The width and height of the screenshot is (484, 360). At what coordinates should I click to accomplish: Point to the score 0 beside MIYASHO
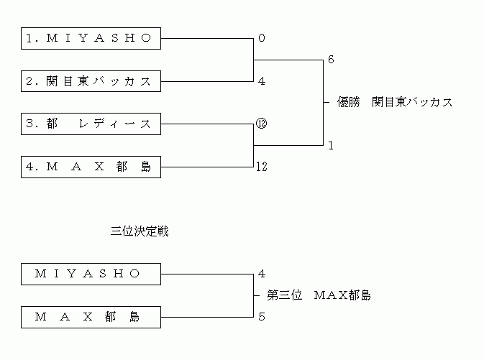tap(262, 38)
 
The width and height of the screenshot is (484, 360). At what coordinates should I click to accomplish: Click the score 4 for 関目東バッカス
tap(262, 81)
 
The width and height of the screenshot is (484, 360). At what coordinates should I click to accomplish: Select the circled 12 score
tap(262, 124)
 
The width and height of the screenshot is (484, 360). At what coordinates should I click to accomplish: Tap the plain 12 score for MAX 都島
tap(262, 167)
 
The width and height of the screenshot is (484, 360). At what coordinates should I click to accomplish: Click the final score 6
tap(331, 60)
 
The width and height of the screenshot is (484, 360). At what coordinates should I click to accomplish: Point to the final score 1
tap(331, 145)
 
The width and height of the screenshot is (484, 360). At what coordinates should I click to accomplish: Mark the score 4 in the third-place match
tap(262, 274)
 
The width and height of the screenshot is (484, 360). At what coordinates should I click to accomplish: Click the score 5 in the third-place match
tap(262, 316)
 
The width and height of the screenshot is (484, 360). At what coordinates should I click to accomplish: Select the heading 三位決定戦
tap(140, 232)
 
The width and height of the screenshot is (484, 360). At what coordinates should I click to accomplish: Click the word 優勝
tap(349, 102)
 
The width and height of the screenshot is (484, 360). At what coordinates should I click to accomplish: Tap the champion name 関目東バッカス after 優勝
tap(412, 102)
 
